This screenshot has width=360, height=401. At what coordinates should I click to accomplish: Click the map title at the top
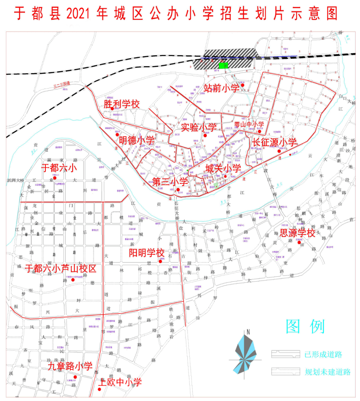(176, 14)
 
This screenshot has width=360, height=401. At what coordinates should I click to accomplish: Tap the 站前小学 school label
(221, 88)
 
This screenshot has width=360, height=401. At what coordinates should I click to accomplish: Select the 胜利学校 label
(122, 104)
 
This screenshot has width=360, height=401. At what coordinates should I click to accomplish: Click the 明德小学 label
(136, 140)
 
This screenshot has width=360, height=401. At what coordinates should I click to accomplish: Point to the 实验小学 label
(199, 127)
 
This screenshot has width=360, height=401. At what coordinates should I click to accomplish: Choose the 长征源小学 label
(274, 142)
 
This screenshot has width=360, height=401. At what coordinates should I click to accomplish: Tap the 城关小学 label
(223, 168)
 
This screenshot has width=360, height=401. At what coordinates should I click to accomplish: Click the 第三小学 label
(170, 182)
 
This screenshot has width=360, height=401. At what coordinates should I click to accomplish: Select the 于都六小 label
(59, 168)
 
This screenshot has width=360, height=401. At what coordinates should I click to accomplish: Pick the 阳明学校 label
(146, 253)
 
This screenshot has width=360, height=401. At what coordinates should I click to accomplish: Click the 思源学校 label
(297, 233)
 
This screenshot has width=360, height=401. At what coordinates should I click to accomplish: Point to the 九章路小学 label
(70, 366)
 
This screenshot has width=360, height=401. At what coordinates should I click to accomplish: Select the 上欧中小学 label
(120, 382)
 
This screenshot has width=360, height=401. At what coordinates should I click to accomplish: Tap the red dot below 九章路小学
(75, 377)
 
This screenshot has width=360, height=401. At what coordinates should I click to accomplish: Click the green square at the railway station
(223, 65)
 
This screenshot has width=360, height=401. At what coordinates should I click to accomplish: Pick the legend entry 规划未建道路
(327, 372)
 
